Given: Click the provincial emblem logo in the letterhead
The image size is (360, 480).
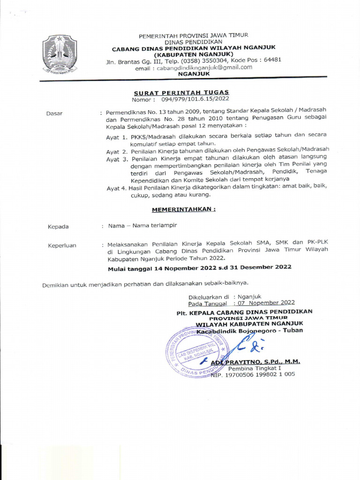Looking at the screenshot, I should (x=60, y=55).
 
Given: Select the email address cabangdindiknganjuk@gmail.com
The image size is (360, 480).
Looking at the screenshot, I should (x=204, y=67).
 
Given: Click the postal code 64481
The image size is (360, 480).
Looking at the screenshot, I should (x=271, y=60).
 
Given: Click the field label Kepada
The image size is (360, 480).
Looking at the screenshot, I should (x=58, y=227).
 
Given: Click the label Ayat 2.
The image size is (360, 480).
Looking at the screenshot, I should (x=117, y=152).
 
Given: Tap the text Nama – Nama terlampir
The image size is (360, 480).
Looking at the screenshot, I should (x=142, y=225).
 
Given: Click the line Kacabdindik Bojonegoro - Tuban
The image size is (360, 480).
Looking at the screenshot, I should (x=250, y=330).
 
